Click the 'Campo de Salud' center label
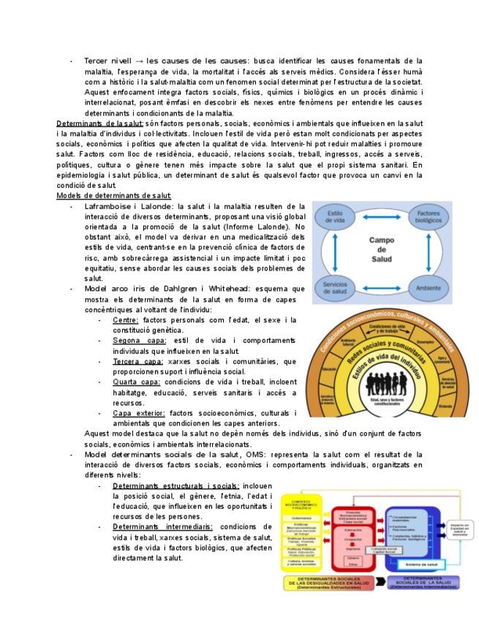coord(382,249)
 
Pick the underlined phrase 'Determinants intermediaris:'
coord(162,526)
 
